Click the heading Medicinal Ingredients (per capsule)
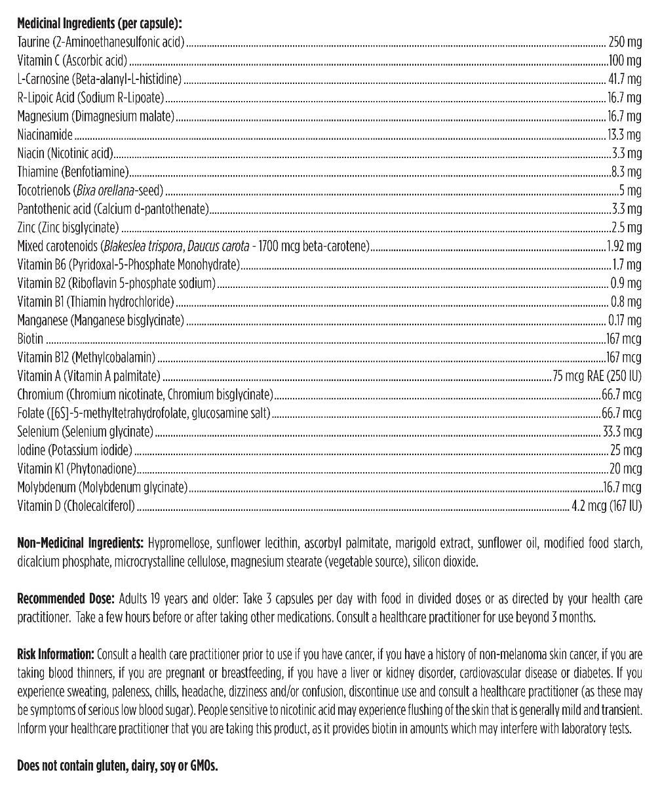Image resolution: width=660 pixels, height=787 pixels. (x=99, y=23)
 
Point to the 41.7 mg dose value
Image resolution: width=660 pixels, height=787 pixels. (x=625, y=79)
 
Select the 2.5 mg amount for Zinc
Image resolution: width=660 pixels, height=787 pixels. (x=629, y=228)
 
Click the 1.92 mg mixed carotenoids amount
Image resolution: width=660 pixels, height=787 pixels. (x=623, y=247)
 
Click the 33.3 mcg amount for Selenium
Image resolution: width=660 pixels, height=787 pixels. (x=623, y=432)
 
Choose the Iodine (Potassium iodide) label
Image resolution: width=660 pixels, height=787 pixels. (x=75, y=451)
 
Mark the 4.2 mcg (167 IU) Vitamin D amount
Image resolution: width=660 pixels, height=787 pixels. (x=606, y=506)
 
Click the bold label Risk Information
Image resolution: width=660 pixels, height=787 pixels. (x=56, y=655)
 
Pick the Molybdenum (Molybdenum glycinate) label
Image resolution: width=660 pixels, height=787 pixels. (x=103, y=487)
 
